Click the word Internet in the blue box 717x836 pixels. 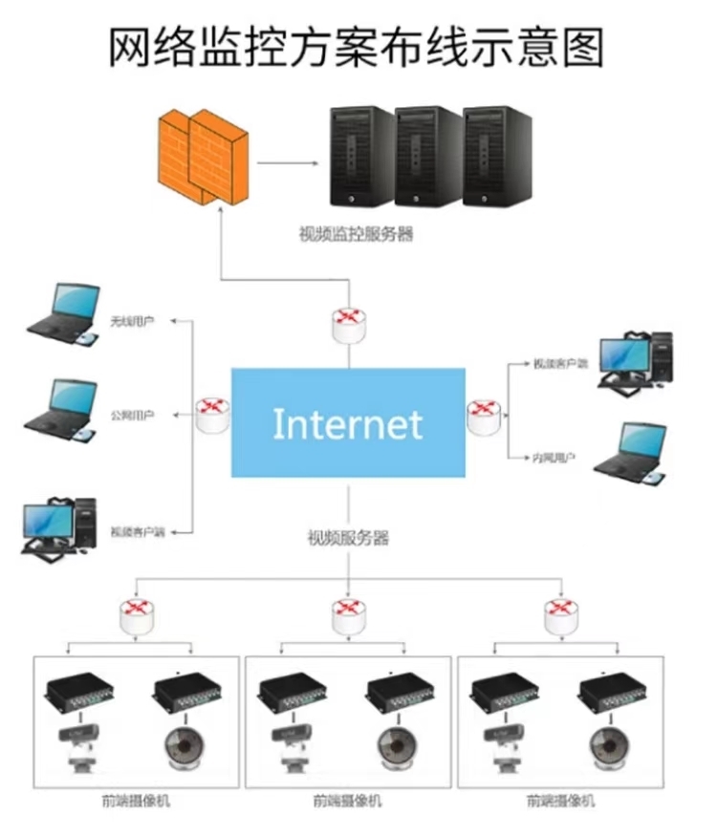[x=347, y=423]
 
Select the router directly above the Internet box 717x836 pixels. [x=349, y=325]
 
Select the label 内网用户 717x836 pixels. [x=554, y=459]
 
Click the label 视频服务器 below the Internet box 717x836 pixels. [x=348, y=538]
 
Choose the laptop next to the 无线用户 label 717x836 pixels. [x=63, y=311]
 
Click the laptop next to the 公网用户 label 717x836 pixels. [x=63, y=409]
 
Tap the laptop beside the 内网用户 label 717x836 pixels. [x=630, y=452]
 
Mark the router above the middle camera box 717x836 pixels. [x=349, y=614]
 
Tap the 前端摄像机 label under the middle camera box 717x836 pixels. [x=347, y=801]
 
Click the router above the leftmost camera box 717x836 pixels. [x=137, y=614]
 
